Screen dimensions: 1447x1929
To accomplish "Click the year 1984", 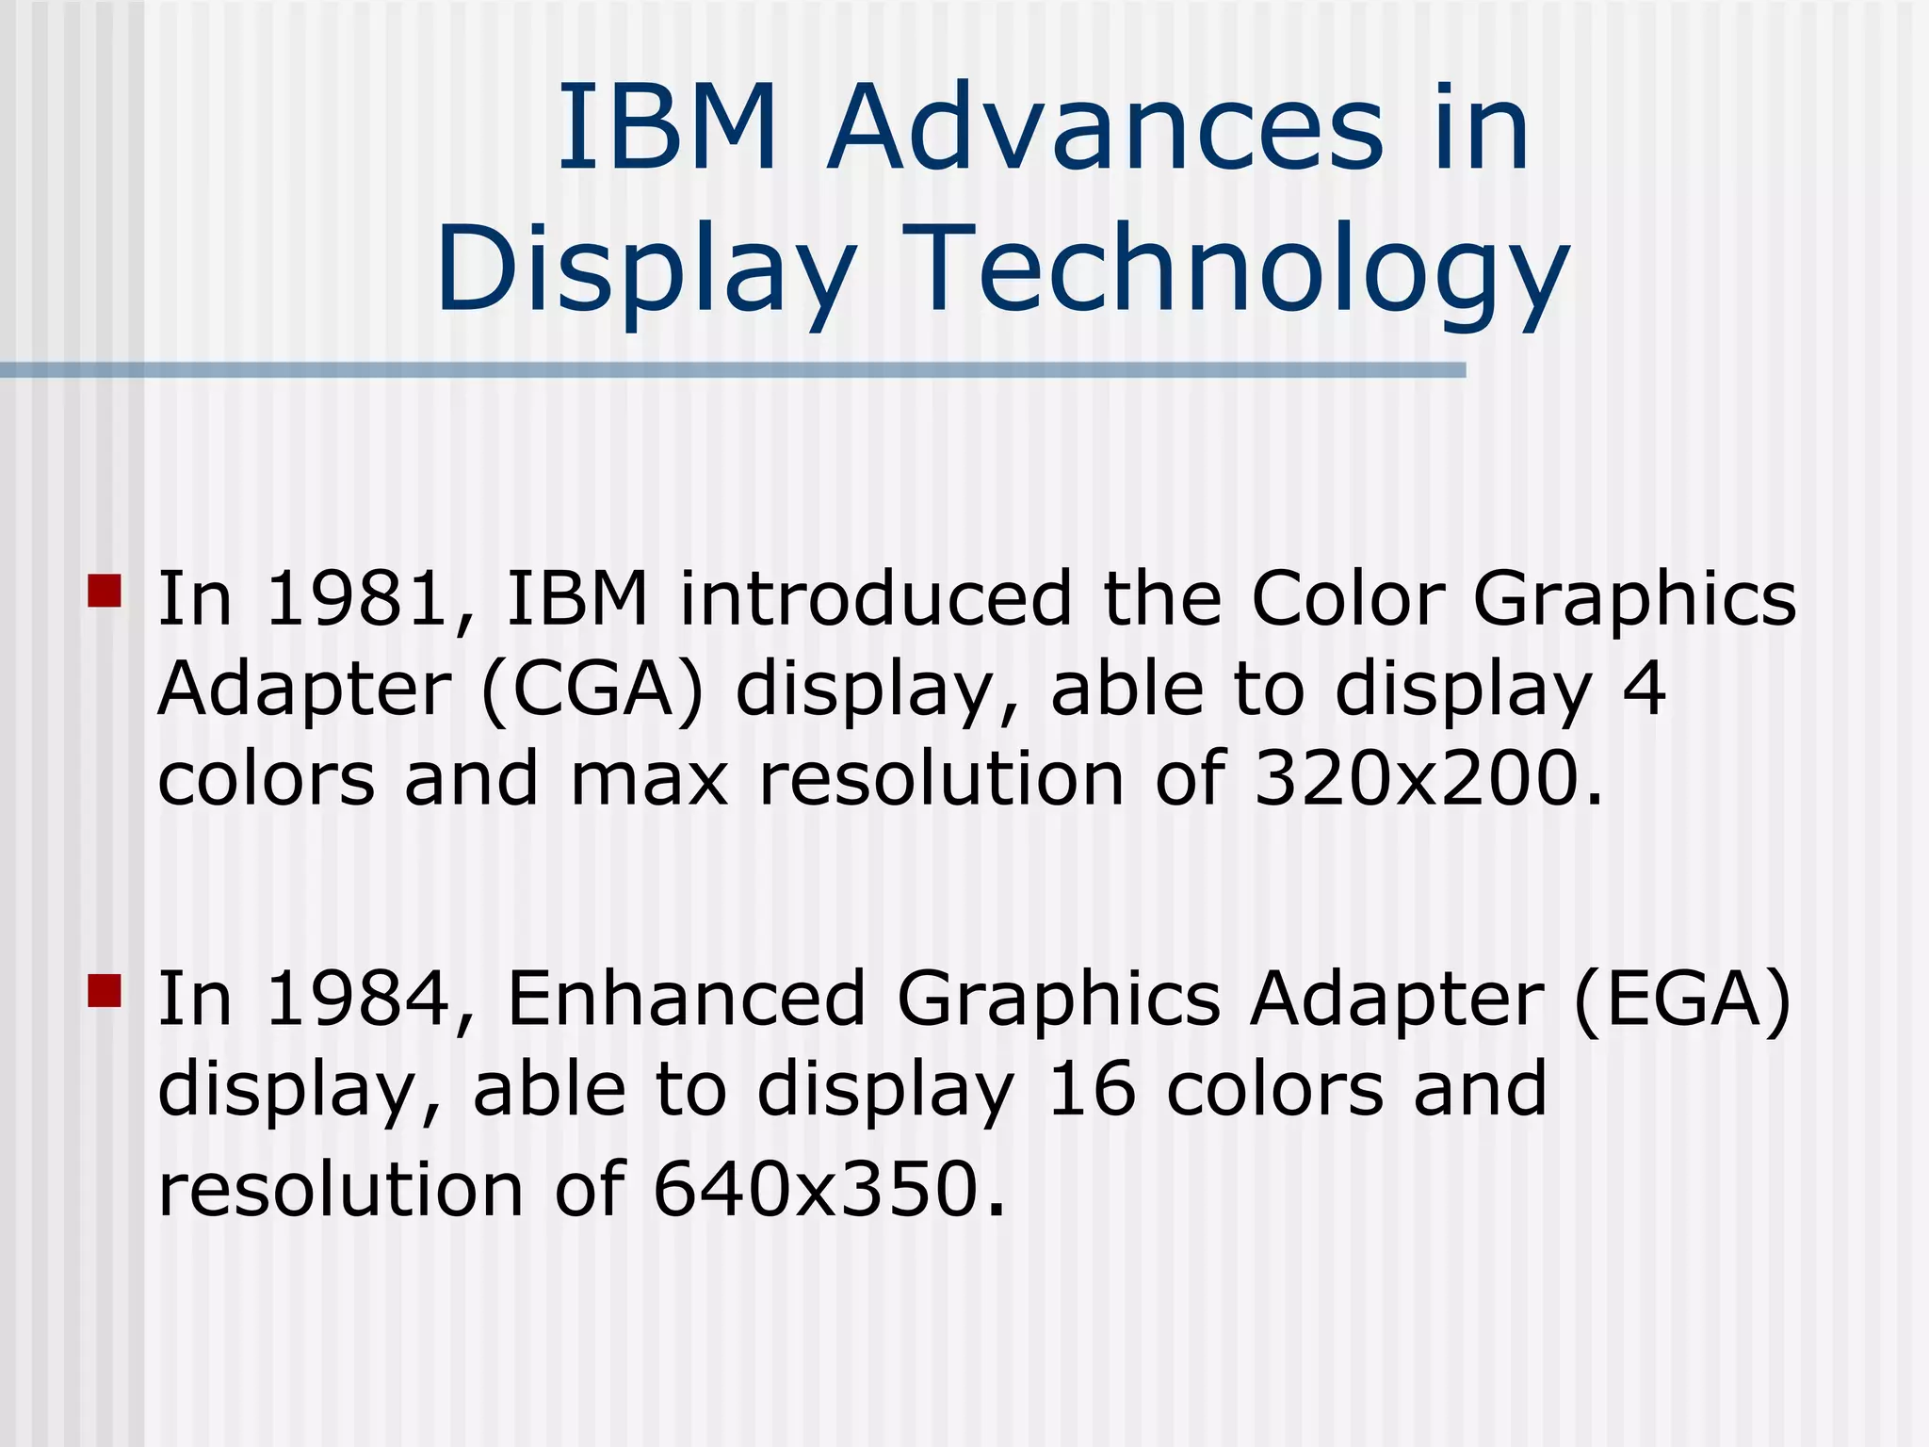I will (x=358, y=999).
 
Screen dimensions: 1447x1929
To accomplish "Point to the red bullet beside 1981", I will (x=105, y=591).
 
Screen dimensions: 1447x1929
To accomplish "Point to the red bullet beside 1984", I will (x=105, y=991).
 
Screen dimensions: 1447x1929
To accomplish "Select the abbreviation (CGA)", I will (x=592, y=690).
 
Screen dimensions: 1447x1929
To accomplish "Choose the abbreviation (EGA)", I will (x=1682, y=999).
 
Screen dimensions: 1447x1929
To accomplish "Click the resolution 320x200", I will (x=1418, y=779).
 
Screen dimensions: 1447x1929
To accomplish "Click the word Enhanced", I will (x=686, y=999).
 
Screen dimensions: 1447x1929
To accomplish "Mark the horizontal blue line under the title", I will (x=733, y=370).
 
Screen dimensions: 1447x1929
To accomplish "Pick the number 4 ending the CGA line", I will (x=1644, y=690).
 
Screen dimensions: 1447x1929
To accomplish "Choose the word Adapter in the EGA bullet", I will (x=1397, y=1000).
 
